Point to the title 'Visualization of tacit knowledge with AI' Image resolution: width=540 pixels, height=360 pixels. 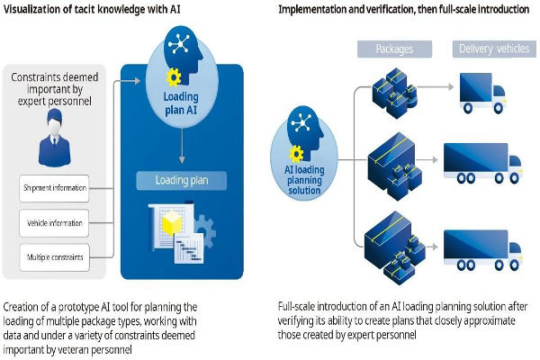click(x=94, y=10)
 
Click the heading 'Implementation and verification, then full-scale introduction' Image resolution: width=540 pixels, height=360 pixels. click(x=401, y=10)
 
